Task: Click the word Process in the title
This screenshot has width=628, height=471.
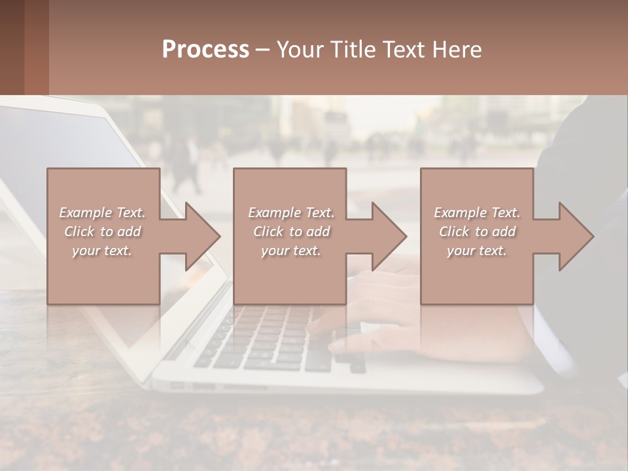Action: click(205, 50)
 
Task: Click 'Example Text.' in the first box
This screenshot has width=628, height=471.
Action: click(102, 213)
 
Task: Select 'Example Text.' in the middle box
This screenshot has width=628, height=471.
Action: click(290, 213)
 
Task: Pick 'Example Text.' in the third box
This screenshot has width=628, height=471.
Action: click(477, 213)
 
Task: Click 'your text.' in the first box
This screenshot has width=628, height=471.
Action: click(102, 251)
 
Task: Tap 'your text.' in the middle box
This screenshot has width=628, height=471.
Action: click(290, 251)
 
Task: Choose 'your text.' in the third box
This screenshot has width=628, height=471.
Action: click(477, 251)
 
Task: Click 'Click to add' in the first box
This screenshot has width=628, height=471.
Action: click(102, 232)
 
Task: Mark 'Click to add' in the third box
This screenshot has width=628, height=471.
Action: click(477, 232)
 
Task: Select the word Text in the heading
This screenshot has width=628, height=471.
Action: click(402, 50)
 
